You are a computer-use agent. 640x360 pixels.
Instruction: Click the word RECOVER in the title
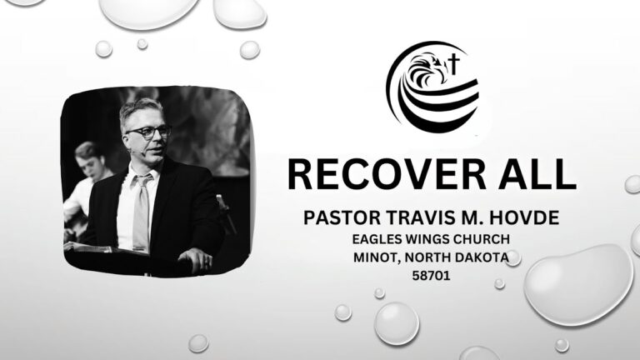(x=387, y=174)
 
